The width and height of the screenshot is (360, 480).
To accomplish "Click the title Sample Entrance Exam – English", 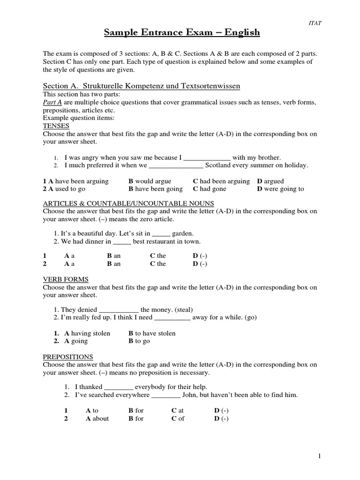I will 181,32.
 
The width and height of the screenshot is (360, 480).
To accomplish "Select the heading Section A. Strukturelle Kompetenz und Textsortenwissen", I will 141,86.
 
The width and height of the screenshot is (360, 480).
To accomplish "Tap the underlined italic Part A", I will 52,103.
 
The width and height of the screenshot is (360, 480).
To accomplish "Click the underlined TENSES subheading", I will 56,126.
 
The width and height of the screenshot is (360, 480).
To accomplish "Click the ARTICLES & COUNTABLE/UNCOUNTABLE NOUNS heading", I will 128,203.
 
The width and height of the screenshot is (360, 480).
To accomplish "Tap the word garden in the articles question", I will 183,233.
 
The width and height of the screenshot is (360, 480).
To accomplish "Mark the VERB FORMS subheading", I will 66,279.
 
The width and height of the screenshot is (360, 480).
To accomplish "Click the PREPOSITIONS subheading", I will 68,357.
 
